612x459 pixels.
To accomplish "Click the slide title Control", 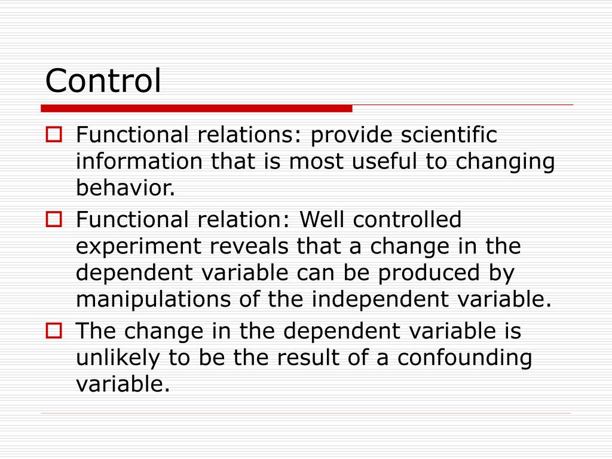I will (103, 81).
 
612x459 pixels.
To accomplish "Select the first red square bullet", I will (54, 135).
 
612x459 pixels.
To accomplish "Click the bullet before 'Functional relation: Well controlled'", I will (54, 220).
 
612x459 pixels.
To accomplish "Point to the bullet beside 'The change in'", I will (54, 331).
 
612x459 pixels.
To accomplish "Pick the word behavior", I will (126, 188).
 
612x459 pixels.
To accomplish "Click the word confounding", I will (464, 358).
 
